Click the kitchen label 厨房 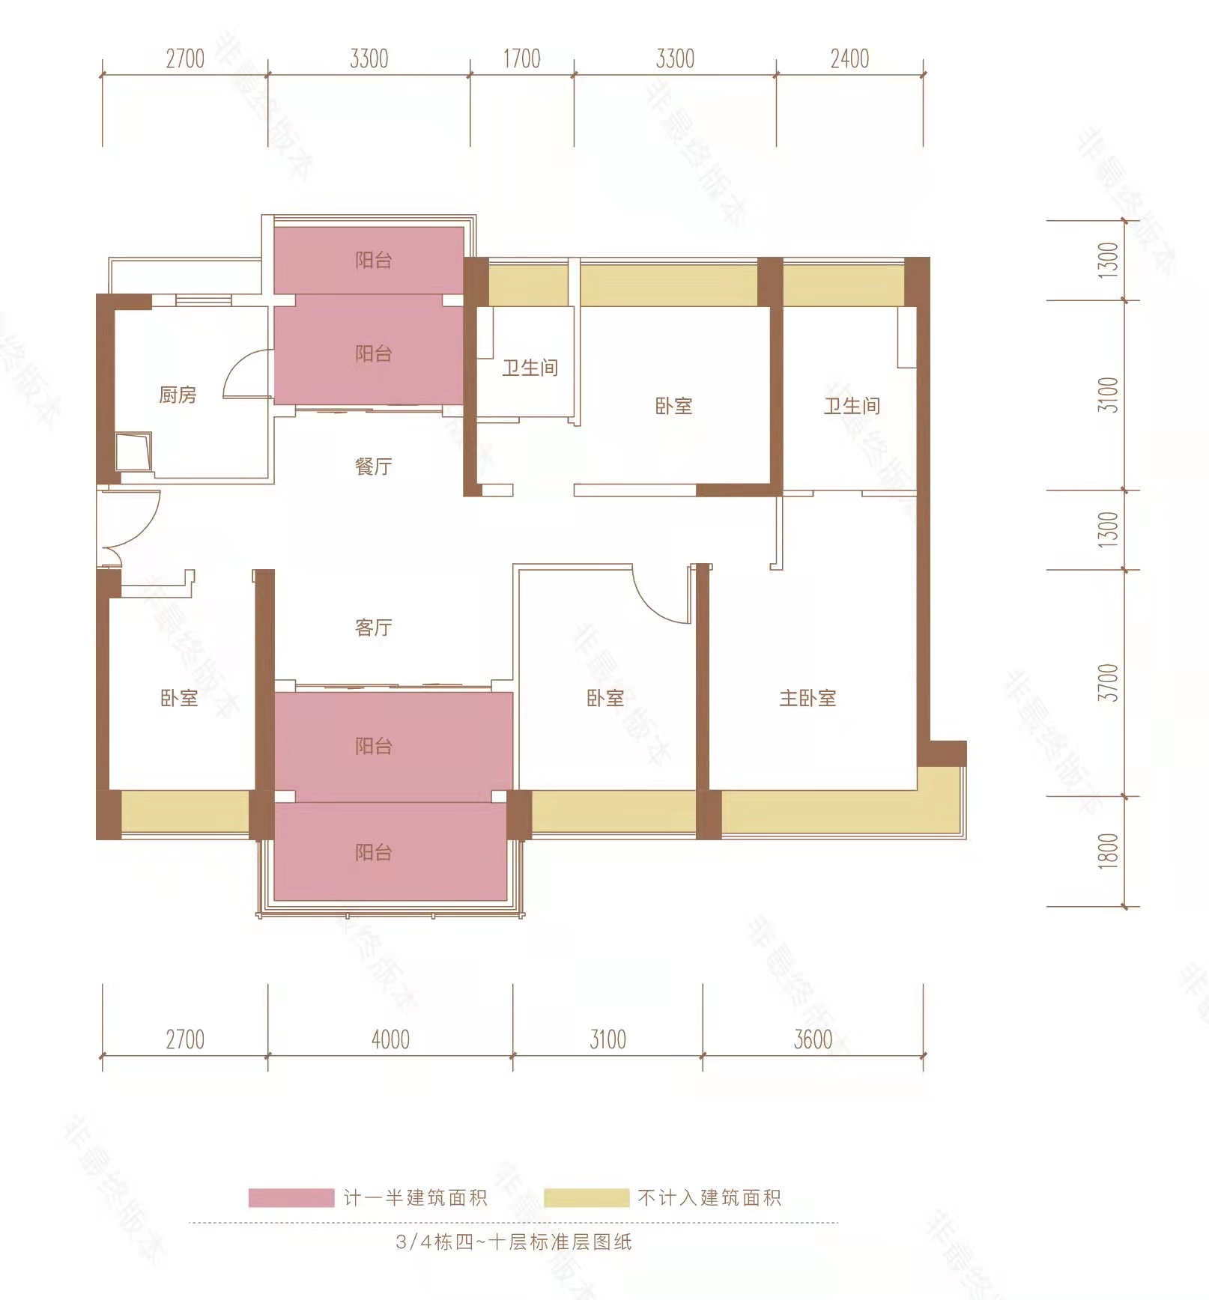point(178,395)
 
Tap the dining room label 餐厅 point(373,467)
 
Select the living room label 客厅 point(373,627)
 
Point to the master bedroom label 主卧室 point(807,698)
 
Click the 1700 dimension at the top point(521,58)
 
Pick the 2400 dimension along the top point(849,58)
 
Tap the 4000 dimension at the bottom point(390,1039)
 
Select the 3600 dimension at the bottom point(813,1039)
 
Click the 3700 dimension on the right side point(1108,682)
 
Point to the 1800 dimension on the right point(1108,851)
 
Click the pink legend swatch point(291,1198)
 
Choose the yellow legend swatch point(587,1198)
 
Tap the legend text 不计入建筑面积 point(709,1198)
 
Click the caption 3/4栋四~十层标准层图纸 point(514,1242)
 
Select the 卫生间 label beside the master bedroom point(852,406)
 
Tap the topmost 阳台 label point(373,260)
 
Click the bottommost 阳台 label point(373,852)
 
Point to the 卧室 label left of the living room point(179,698)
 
